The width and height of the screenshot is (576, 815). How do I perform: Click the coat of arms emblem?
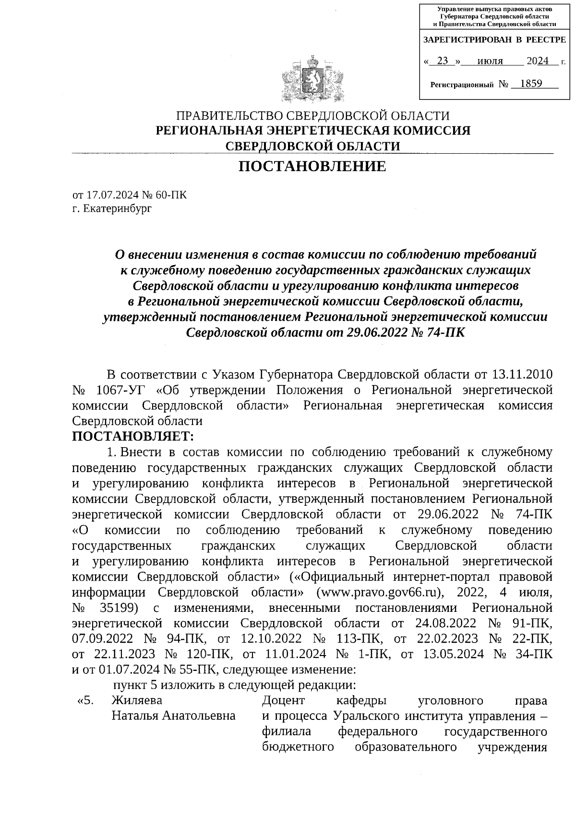point(312,79)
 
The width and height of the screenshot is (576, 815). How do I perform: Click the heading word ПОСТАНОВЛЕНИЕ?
point(312,166)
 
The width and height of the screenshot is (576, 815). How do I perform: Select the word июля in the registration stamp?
point(490,61)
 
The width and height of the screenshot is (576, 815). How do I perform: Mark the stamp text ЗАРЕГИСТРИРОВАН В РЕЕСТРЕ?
point(494,40)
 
